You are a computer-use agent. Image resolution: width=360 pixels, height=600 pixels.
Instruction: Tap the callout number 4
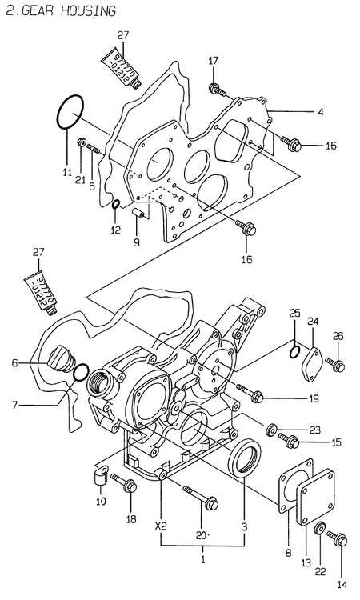point(320,113)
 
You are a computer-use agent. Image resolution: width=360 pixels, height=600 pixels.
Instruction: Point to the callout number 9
point(135,242)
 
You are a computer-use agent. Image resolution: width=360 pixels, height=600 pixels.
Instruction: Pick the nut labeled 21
point(81,143)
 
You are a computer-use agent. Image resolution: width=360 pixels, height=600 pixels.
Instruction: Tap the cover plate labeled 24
point(311,360)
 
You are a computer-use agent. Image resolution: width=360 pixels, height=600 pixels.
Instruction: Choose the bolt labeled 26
point(338,366)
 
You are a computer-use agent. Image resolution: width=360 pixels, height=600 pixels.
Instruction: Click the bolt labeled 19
point(256,395)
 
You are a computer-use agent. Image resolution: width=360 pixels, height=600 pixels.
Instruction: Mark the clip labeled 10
point(100,477)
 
